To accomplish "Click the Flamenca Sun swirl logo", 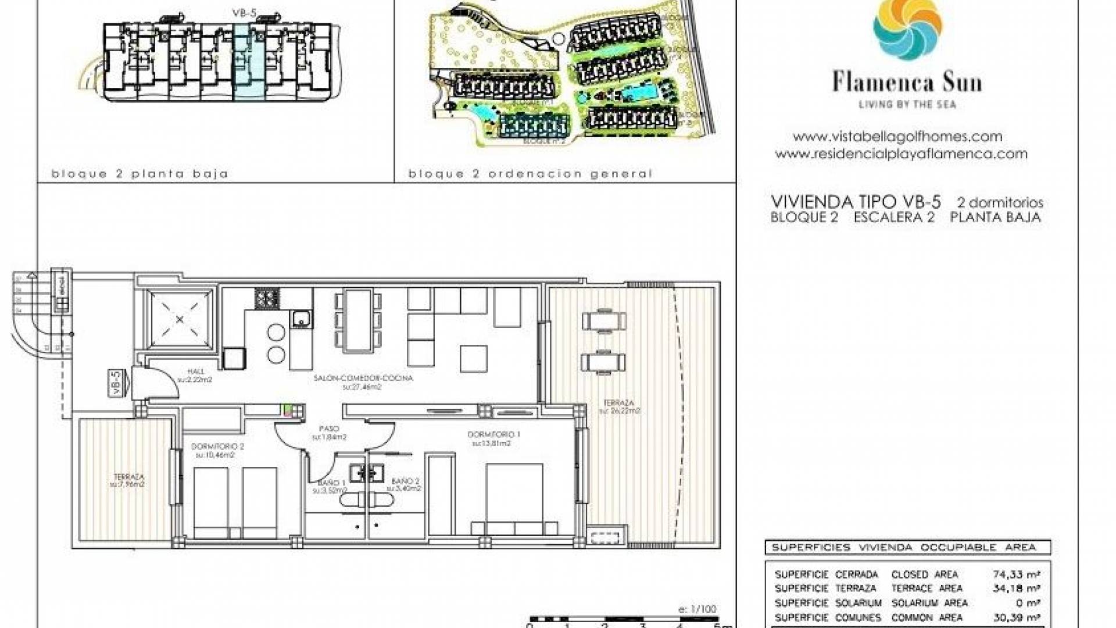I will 907,29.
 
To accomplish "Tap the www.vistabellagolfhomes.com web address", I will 897,137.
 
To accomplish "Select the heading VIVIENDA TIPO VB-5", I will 856,202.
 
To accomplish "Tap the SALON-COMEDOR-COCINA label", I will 363,378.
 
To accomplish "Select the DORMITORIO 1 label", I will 493,434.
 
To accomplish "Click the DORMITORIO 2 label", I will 217,447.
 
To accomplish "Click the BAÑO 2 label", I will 405,481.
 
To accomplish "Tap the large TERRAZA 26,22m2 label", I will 619,403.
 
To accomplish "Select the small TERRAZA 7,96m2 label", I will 129,477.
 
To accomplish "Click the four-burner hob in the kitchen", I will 267,299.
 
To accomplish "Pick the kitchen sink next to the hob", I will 301,319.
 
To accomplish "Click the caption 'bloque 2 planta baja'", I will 139,173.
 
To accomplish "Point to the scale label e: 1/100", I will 697,609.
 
